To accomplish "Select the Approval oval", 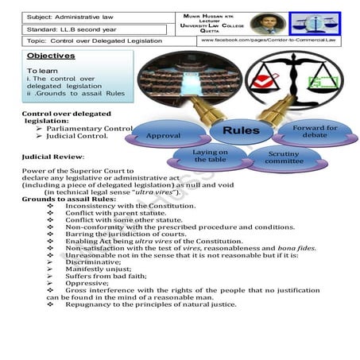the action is tap(163, 136).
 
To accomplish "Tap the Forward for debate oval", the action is tap(315, 130).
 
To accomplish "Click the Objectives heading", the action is tap(50, 56).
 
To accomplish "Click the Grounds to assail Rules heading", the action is tap(68, 199).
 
